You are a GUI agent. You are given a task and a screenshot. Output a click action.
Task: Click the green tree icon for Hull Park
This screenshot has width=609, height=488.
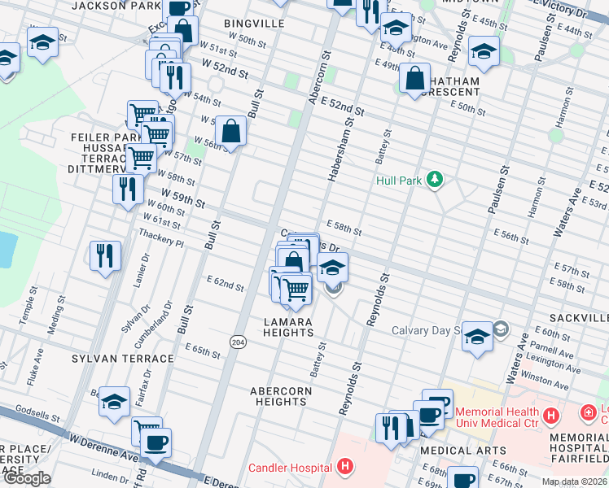click(435, 180)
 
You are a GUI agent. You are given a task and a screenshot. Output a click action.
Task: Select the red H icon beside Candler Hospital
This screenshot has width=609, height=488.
click(346, 467)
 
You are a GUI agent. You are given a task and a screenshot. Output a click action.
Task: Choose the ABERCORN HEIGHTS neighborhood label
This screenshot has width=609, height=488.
click(280, 396)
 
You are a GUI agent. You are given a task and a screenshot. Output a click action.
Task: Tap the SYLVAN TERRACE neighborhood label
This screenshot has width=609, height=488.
click(123, 359)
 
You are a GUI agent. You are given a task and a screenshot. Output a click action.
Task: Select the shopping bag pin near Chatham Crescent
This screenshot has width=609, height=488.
click(415, 80)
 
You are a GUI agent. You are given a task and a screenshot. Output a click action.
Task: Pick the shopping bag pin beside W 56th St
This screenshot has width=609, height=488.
click(232, 131)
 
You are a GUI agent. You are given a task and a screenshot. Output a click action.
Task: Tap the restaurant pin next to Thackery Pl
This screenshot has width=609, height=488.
click(106, 255)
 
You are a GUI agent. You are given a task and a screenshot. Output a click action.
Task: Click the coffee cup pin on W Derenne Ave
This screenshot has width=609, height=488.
click(155, 444)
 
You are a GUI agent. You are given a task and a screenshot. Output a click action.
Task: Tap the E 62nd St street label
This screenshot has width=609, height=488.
click(226, 284)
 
